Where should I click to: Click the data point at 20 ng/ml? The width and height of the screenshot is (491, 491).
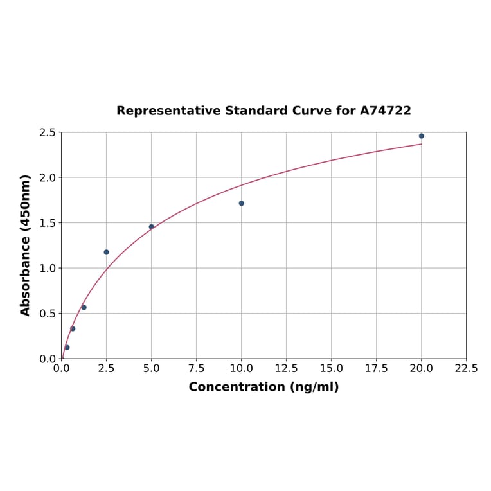click(x=422, y=136)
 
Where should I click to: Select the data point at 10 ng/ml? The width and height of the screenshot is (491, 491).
click(x=242, y=203)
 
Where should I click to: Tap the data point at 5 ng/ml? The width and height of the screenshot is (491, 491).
click(x=152, y=227)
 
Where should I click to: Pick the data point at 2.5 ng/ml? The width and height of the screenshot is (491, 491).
click(x=107, y=252)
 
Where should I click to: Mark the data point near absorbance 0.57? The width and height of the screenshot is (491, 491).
click(x=84, y=307)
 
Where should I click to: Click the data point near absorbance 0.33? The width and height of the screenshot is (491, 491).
click(x=73, y=328)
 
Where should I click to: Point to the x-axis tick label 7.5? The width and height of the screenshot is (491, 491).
click(x=197, y=369)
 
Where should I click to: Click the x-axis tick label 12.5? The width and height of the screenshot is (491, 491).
click(x=287, y=369)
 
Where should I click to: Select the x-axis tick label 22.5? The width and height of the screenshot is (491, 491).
click(x=467, y=369)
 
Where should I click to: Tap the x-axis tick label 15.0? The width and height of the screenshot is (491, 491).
click(x=332, y=369)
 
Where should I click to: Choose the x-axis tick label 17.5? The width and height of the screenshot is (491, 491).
click(x=377, y=369)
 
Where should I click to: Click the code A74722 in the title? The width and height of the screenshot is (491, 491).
click(x=386, y=111)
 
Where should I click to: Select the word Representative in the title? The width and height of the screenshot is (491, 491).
click(x=168, y=111)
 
